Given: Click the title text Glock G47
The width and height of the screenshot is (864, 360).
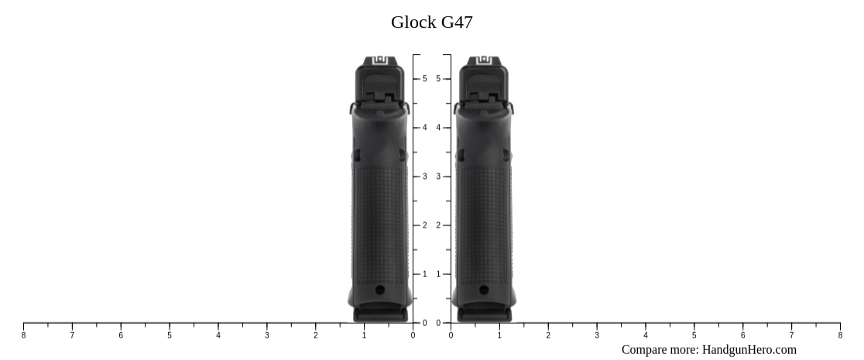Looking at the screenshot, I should [x=431, y=22].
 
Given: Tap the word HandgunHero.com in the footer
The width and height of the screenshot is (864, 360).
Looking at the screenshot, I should [x=749, y=350].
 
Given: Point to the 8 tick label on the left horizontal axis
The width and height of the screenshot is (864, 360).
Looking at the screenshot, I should [x=23, y=335].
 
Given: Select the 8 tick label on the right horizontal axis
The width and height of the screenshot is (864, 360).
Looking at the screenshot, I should [x=840, y=335].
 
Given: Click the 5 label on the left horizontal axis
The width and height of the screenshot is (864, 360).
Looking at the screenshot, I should [x=170, y=335].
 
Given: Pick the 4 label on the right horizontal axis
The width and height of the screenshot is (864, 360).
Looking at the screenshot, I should [x=646, y=335].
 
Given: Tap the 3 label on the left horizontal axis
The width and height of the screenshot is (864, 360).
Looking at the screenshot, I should [x=267, y=335].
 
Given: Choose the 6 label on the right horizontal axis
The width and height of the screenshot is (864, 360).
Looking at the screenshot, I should [x=743, y=335].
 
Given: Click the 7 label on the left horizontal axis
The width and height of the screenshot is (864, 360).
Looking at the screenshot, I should [x=72, y=335].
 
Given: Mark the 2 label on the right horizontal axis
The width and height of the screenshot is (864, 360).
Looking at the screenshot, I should [x=548, y=335].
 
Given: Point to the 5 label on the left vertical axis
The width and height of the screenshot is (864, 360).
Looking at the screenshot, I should [x=424, y=79].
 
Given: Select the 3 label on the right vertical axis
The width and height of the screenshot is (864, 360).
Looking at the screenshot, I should [x=439, y=177].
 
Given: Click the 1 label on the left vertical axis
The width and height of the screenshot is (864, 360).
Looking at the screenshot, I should [x=424, y=274].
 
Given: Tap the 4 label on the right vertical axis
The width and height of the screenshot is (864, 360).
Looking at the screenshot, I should [x=439, y=128].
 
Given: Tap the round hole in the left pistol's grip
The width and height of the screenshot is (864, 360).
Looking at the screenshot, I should [x=379, y=290].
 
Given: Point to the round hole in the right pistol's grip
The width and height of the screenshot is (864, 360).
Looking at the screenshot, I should [x=484, y=290].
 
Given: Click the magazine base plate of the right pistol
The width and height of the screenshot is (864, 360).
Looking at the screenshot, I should [x=484, y=314].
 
